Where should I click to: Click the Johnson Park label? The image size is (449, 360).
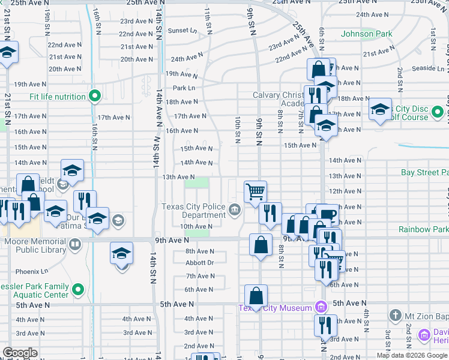pyautogui.click(x=366, y=34)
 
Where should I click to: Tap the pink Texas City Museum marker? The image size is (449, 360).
pyautogui.click(x=321, y=308)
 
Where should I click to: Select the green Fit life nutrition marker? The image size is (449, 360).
pyautogui.click(x=94, y=96)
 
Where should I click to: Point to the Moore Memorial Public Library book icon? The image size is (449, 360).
pyautogui.click(x=74, y=244)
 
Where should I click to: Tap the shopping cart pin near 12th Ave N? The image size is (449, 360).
pyautogui.click(x=255, y=192)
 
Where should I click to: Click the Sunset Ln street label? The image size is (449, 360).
pyautogui.click(x=182, y=31)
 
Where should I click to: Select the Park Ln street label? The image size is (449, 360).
pyautogui.click(x=184, y=88)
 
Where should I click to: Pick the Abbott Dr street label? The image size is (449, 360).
pyautogui.click(x=199, y=263)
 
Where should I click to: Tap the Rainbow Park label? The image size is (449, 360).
pyautogui.click(x=423, y=230)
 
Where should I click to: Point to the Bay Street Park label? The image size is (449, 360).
pyautogui.click(x=424, y=173)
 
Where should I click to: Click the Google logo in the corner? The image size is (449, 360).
pyautogui.click(x=20, y=353)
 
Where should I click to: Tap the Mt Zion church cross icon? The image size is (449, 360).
pyautogui.click(x=395, y=314)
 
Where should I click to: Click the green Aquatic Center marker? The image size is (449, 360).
pyautogui.click(x=77, y=290)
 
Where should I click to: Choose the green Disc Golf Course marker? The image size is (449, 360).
pyautogui.click(x=438, y=112)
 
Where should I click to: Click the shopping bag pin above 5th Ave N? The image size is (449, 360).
pyautogui.click(x=256, y=296)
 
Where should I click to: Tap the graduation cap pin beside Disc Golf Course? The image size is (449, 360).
pyautogui.click(x=380, y=110)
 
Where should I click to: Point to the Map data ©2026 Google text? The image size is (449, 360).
pyautogui.click(x=412, y=355)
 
